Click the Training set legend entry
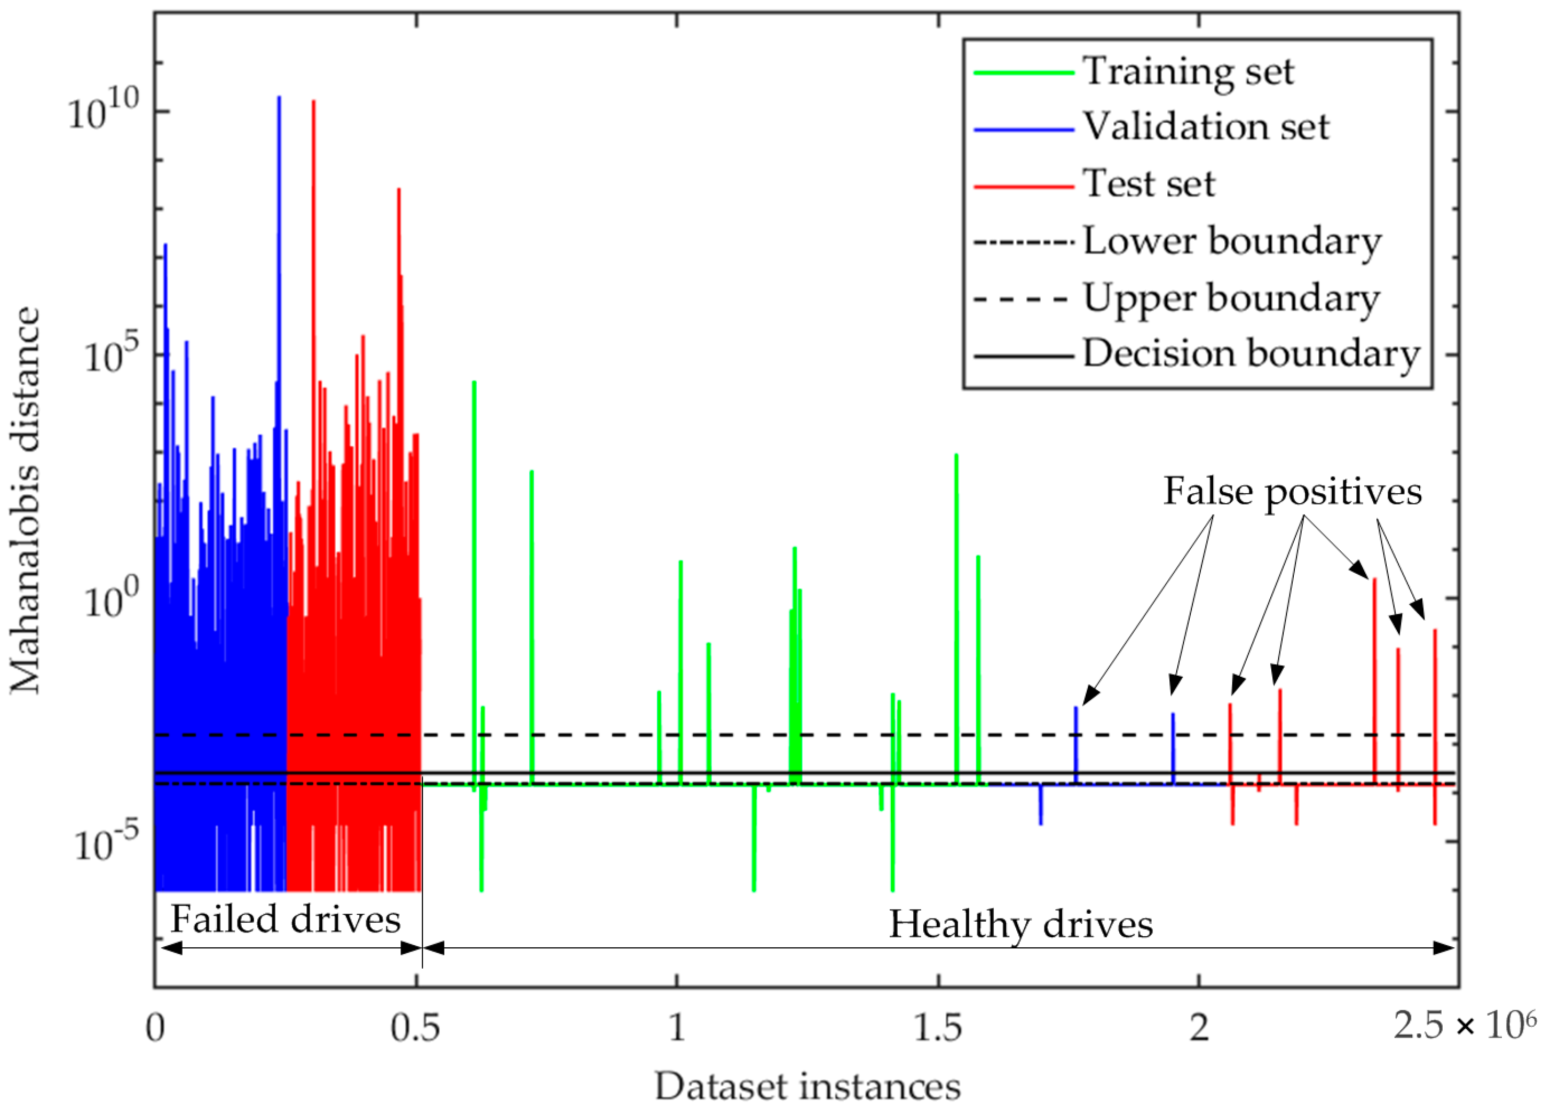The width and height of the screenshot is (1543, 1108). [x=1187, y=71]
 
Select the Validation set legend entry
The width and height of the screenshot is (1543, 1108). [x=1205, y=126]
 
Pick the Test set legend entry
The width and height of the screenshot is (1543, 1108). [x=1149, y=183]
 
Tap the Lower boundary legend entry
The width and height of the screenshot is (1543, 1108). [x=1231, y=241]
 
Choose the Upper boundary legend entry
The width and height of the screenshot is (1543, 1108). [x=1231, y=298]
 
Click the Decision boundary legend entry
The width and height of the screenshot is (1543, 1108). [x=1251, y=354]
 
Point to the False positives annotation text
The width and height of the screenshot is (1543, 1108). [x=1292, y=491]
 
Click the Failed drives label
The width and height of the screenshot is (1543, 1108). [x=285, y=920]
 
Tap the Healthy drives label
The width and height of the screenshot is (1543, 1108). [x=1020, y=925]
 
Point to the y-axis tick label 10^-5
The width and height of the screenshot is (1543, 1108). [x=106, y=843]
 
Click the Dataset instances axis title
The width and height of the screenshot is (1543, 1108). [x=808, y=1086]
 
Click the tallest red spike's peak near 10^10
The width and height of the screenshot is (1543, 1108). [x=314, y=102]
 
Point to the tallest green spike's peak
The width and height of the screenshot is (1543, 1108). [x=474, y=383]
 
